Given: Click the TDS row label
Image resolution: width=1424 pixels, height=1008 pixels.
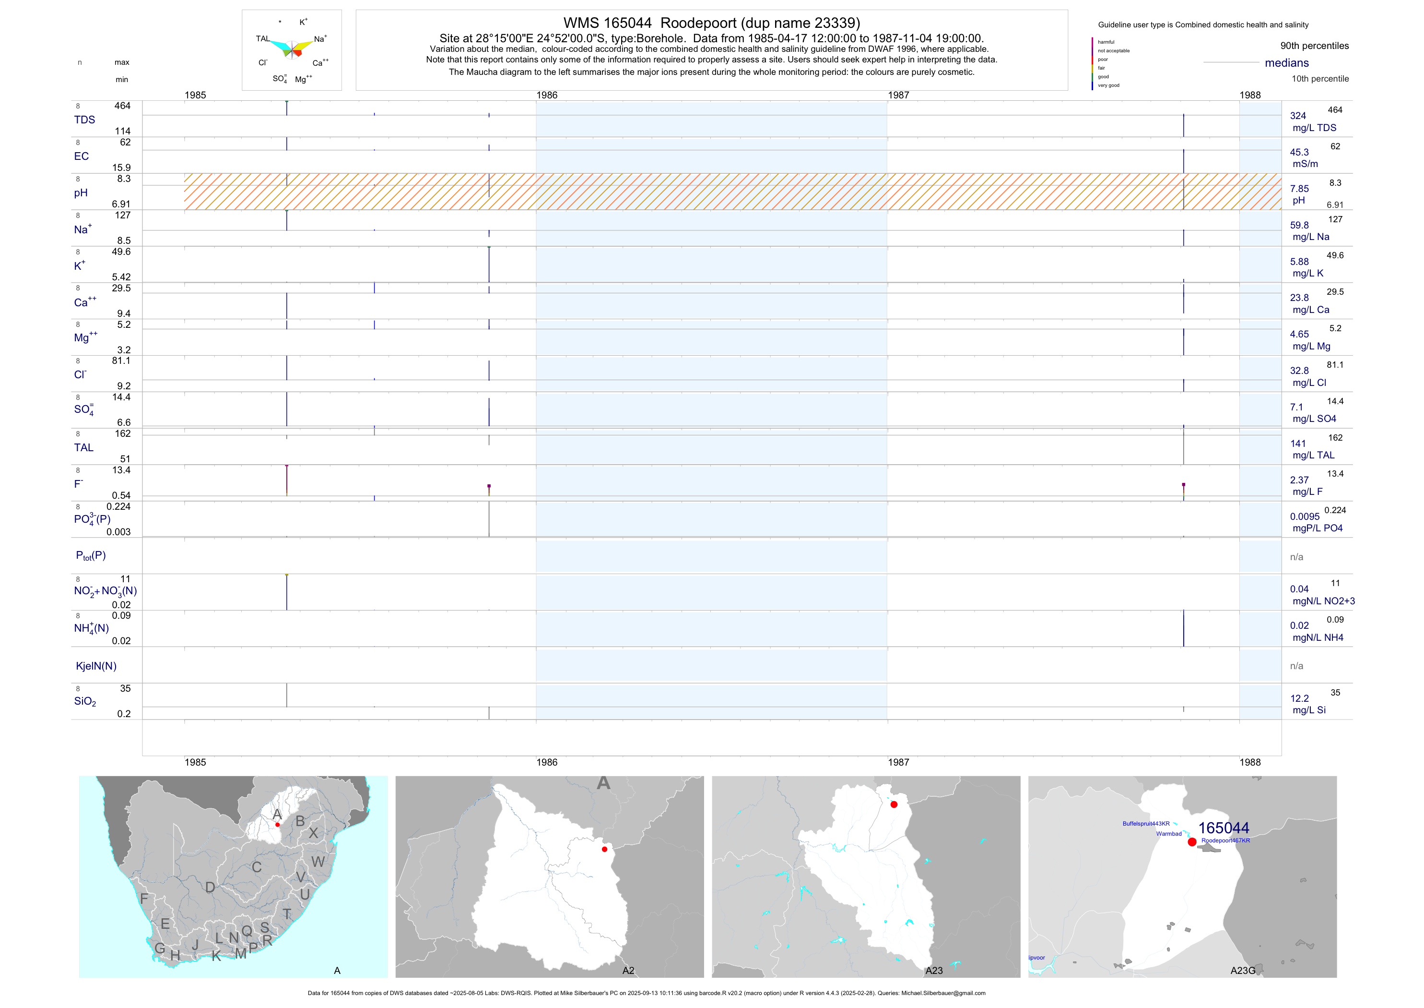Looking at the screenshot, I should click(84, 120).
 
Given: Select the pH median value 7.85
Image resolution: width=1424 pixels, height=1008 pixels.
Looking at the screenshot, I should click(1299, 189).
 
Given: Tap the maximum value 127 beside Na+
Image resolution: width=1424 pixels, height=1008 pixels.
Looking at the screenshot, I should click(123, 216).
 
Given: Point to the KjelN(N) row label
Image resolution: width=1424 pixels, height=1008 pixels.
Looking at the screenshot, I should click(95, 666).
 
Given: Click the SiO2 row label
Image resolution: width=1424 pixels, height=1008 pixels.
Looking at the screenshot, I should click(85, 701).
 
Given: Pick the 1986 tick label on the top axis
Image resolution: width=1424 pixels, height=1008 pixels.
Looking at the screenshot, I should click(546, 95).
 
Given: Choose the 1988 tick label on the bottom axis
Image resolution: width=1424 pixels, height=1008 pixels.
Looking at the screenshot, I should click(1250, 762).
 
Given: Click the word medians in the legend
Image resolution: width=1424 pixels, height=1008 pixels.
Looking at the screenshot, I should click(1286, 63).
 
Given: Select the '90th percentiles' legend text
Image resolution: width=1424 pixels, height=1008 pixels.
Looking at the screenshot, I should click(1314, 46).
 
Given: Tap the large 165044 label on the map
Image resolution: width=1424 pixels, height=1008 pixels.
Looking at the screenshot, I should click(1223, 828).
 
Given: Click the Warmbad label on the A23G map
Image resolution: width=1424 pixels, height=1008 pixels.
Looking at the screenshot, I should click(1168, 834).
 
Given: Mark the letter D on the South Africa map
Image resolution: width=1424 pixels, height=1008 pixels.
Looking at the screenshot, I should click(210, 888).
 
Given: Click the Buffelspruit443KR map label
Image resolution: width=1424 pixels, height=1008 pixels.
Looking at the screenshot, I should click(1145, 824).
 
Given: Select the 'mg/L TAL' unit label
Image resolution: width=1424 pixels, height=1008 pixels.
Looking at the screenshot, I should click(1313, 455).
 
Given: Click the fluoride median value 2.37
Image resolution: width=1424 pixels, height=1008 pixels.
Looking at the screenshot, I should click(1299, 480).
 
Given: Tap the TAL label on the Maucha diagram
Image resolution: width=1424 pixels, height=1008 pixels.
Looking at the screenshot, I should click(262, 38).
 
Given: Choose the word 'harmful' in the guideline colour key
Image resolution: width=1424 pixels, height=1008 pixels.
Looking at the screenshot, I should click(1106, 42).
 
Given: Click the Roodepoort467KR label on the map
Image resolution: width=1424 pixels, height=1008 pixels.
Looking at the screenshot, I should click(1225, 840).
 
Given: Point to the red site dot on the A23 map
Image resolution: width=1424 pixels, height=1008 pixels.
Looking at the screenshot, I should click(894, 804).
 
